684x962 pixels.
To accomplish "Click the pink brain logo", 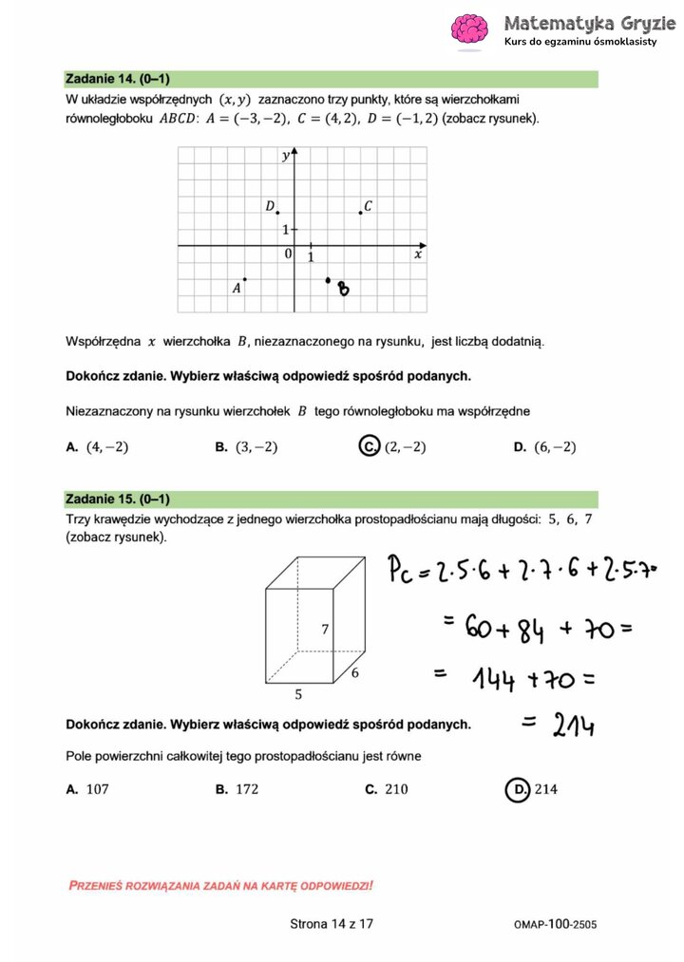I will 470,29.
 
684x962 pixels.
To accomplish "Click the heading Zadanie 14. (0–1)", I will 117,79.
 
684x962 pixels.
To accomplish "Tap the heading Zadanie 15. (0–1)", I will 117,500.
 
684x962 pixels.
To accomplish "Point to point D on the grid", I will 277,213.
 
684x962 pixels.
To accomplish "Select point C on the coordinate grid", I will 360,213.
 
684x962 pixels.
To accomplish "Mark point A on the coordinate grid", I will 245,279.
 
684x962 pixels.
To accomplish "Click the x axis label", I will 417,255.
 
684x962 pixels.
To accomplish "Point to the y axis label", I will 285,156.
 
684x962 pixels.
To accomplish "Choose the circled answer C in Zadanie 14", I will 370,446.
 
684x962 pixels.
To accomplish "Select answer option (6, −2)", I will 554,447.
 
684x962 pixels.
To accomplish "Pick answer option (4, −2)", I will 106,447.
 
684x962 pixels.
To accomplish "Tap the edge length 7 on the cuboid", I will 325,629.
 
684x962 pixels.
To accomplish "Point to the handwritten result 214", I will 572,726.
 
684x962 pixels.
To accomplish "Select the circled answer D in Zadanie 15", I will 518,788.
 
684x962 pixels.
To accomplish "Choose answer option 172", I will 246,789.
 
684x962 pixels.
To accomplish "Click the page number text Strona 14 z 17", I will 332,923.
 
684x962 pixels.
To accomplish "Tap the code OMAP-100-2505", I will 555,923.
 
